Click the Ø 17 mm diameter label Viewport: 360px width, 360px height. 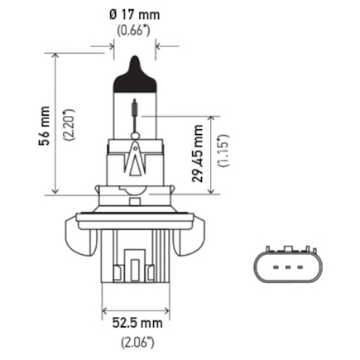(135, 15)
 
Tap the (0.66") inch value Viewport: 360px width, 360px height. (134, 31)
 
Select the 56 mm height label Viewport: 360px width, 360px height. (45, 126)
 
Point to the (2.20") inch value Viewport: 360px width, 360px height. (70, 125)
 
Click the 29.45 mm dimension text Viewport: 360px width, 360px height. (198, 154)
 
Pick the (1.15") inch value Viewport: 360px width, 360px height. (223, 151)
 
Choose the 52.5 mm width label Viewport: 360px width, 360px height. (137, 323)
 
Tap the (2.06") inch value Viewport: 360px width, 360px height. (137, 343)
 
